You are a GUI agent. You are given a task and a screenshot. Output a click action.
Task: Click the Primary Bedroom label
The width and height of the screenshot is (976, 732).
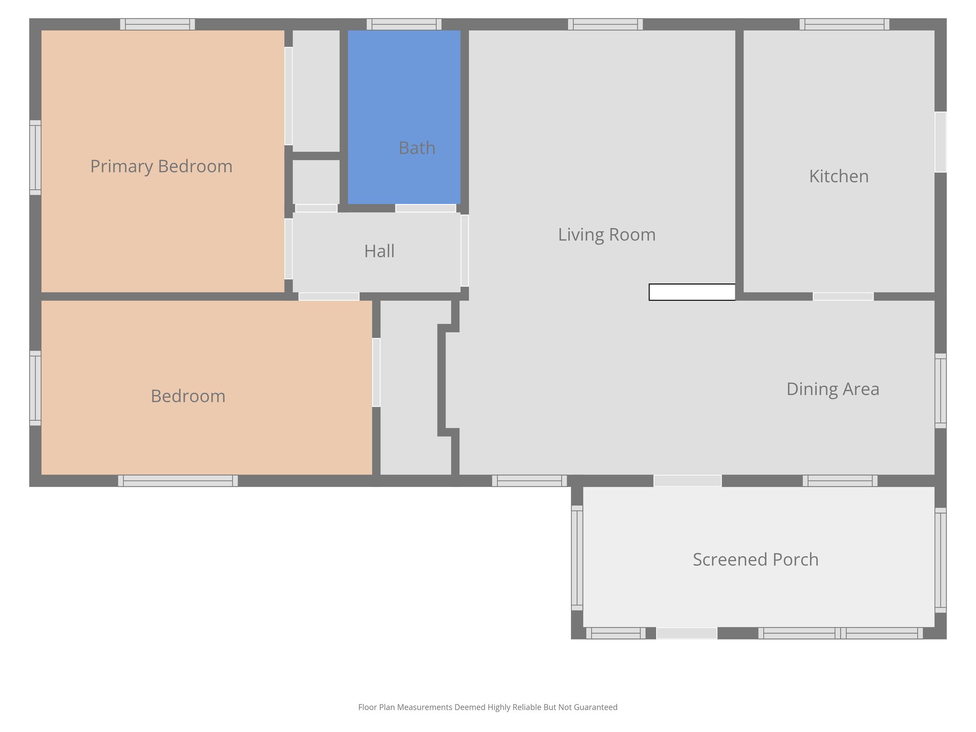tap(161, 166)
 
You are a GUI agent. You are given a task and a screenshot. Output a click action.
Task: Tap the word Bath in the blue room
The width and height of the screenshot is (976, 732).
tap(417, 148)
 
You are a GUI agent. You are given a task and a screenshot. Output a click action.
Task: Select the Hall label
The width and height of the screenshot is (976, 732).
tap(379, 251)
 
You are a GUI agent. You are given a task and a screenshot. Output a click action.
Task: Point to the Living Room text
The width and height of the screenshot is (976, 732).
tap(607, 234)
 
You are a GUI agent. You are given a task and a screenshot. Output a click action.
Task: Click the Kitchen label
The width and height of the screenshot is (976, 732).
tap(839, 176)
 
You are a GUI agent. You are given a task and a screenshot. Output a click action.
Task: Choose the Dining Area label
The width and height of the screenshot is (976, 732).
tap(833, 389)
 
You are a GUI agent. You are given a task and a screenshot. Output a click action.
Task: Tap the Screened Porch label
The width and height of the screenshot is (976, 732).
tap(755, 559)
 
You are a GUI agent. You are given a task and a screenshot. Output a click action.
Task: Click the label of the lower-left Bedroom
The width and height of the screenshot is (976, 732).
tap(188, 396)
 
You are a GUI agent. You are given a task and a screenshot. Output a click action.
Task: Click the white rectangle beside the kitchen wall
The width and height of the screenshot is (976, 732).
tap(692, 292)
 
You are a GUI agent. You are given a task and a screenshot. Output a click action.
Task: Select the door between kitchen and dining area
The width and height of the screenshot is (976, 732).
tap(843, 296)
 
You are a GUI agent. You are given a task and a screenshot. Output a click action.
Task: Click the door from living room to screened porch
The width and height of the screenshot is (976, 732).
tap(687, 481)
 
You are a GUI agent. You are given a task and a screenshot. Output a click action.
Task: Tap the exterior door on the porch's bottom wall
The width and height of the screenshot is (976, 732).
tap(687, 633)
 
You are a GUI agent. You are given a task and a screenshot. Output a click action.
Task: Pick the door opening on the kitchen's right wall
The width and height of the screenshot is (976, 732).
tap(940, 142)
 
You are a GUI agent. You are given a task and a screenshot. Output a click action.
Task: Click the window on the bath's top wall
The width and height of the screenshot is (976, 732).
tap(404, 24)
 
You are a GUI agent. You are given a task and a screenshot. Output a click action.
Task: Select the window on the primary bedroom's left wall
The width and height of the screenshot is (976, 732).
tap(35, 158)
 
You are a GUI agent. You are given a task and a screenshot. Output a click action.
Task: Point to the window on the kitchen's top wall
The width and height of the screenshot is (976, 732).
tap(844, 24)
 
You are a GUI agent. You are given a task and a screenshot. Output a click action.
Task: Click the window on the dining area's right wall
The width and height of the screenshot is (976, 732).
tap(940, 391)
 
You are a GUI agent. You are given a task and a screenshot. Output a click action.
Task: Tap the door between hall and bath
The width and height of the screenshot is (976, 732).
tap(426, 208)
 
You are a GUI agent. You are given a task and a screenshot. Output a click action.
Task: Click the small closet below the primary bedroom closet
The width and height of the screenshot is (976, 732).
tap(316, 182)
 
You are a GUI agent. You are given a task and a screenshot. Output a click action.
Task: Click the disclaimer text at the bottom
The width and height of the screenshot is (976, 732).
tap(488, 707)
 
